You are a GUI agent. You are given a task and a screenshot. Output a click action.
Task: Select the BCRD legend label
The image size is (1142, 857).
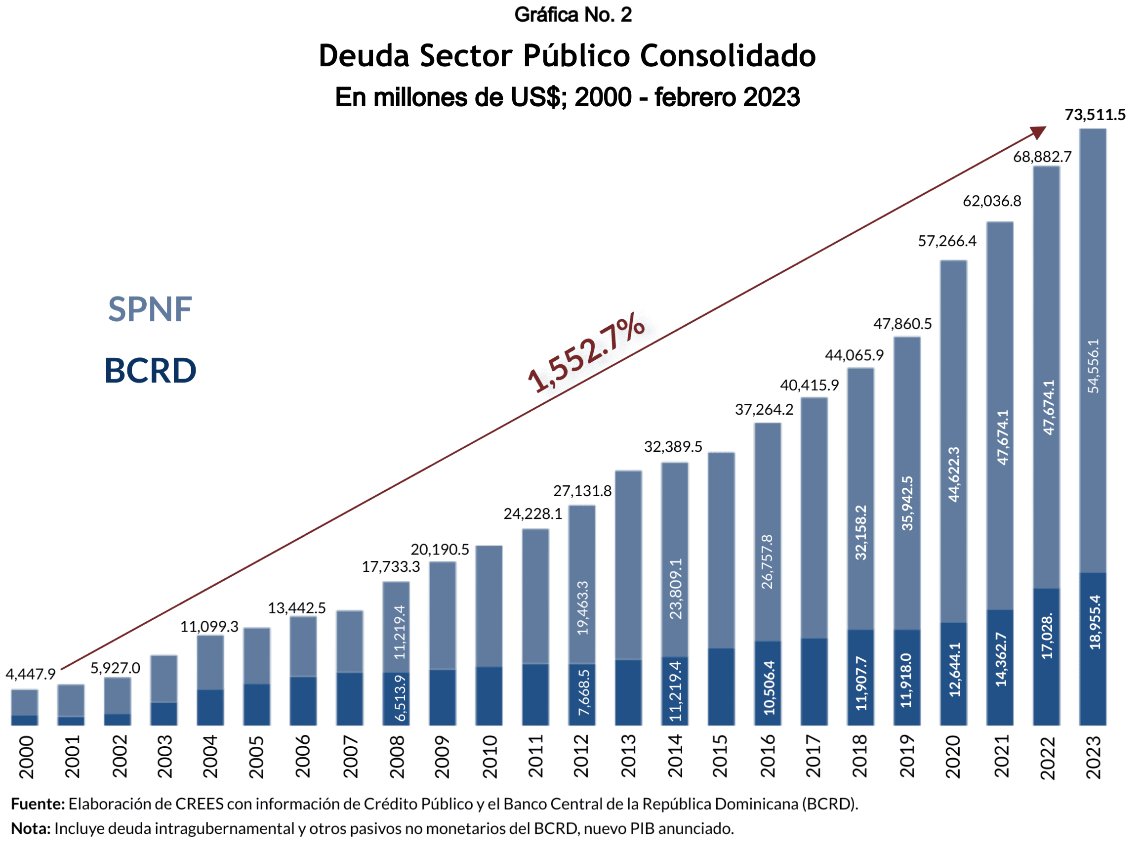[150, 370]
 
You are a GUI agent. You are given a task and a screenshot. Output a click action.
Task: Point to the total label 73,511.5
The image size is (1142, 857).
[1095, 115]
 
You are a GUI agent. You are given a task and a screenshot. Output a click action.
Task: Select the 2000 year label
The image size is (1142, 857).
[26, 757]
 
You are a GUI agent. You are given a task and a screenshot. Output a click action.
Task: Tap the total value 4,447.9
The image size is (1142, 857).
[31, 674]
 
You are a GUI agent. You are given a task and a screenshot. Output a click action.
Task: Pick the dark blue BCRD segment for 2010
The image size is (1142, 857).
[489, 696]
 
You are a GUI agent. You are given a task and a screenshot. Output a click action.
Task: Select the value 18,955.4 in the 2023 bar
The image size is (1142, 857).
[1094, 622]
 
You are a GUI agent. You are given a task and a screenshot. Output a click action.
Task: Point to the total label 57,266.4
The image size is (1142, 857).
[947, 241]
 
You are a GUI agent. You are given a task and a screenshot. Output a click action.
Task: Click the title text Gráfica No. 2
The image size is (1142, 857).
[572, 14]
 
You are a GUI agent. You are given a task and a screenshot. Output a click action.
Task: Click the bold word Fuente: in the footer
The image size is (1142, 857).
[38, 804]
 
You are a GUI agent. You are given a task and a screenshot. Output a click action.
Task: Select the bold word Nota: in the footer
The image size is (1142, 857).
[31, 829]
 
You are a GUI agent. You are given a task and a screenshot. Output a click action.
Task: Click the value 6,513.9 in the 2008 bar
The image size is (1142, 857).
[400, 698]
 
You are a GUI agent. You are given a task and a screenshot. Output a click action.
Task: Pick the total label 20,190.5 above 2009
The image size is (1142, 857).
[440, 549]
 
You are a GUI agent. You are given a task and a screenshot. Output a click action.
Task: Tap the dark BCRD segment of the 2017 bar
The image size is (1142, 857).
[814, 682]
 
